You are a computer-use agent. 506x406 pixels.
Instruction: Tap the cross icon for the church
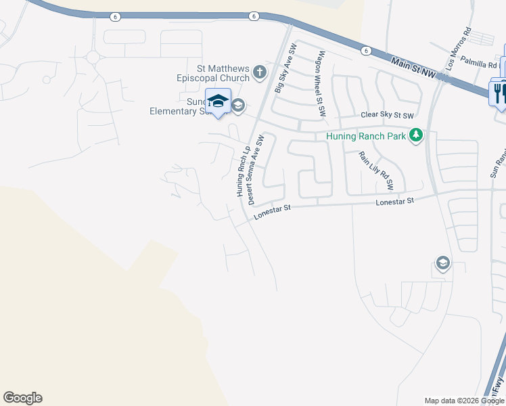(259, 70)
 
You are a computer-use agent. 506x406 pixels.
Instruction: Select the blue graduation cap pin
(218, 101)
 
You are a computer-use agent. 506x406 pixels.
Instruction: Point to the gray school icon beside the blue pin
(237, 105)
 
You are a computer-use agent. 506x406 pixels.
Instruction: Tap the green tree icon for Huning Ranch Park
(415, 136)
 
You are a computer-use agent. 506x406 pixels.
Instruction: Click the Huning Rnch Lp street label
(242, 173)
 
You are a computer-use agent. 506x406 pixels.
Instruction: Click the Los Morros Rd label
(458, 49)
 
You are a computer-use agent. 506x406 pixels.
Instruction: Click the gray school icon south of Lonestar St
(442, 263)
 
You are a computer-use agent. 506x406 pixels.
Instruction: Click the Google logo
(22, 398)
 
